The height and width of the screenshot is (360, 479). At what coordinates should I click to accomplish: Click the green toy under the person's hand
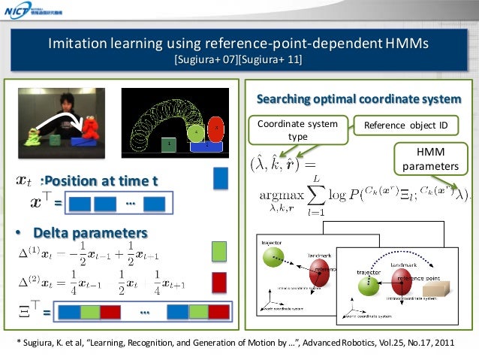34,135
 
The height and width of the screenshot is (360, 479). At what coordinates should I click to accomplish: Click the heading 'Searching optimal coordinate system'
359,100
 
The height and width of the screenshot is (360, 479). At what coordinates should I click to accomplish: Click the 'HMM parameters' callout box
434,159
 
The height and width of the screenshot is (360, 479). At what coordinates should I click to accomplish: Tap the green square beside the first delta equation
219,250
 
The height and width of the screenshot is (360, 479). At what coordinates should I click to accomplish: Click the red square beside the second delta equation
219,282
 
